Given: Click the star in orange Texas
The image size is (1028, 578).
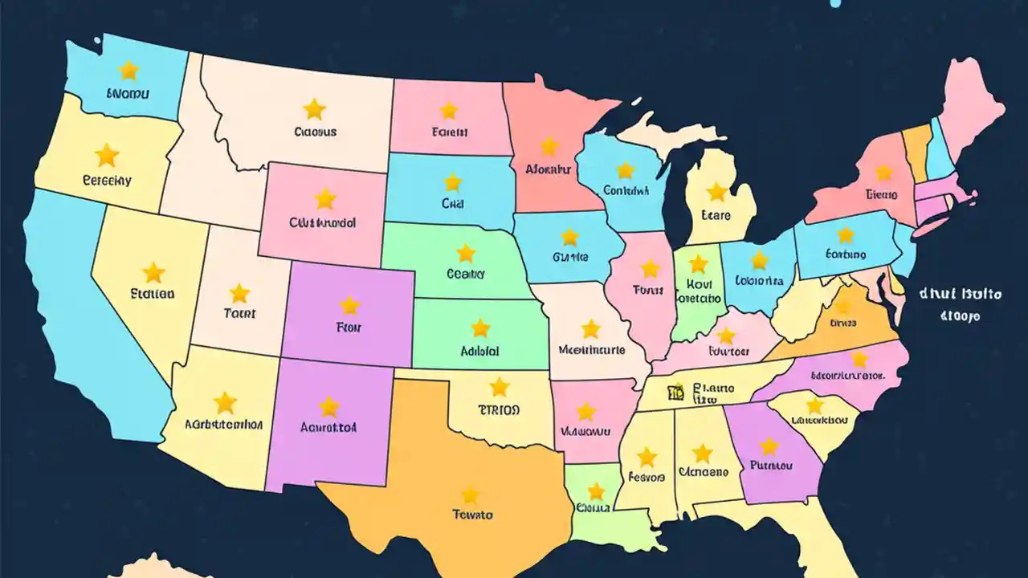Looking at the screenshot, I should (470, 495).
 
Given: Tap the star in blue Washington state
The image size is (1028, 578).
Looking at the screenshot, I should (128, 71).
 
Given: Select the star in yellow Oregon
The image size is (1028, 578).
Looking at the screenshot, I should (106, 155).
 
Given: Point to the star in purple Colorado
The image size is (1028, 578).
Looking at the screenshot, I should (349, 305).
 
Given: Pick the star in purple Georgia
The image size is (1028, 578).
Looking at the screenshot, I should (769, 446).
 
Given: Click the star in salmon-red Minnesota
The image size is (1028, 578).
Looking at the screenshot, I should (549, 146).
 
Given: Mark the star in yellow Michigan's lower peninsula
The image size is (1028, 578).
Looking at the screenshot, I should (716, 191).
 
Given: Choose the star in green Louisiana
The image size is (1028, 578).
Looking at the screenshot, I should (596, 491).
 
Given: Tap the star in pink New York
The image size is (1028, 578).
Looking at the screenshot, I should (883, 173).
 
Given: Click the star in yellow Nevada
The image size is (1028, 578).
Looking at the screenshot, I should (153, 272).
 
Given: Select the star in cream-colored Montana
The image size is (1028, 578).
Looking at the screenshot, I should (314, 108).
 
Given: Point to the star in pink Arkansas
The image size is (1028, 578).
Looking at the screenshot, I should (586, 411).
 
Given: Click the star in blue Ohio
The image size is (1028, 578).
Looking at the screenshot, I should (759, 260).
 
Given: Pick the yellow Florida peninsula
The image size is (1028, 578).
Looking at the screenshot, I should (811, 538).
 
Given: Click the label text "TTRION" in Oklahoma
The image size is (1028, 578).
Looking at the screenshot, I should (499, 410).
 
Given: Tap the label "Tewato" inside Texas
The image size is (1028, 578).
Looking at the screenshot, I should (472, 515).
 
